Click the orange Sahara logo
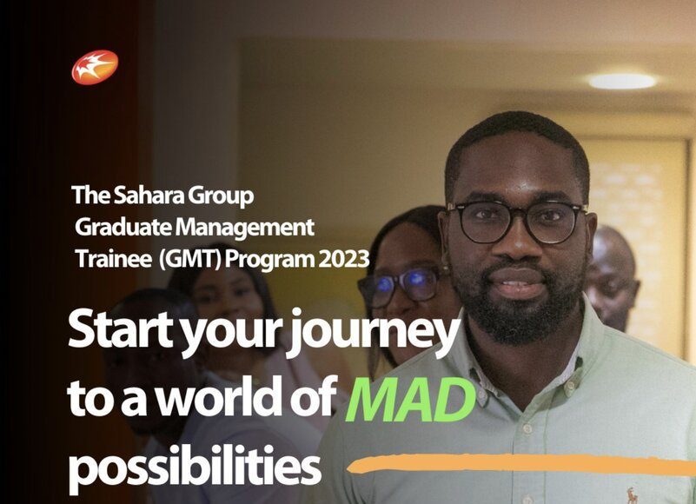(95, 67)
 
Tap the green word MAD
(411, 400)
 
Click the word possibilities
(195, 468)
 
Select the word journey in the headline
(373, 332)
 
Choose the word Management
(244, 229)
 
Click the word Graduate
(124, 228)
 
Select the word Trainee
(113, 259)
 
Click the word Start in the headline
(120, 330)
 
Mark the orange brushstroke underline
(521, 464)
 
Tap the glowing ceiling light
(622, 82)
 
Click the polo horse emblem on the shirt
(632, 495)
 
